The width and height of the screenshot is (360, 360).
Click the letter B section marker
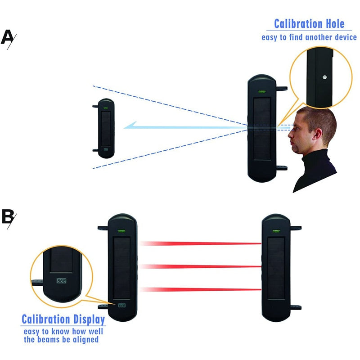8,217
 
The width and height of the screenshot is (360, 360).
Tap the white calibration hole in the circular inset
324,77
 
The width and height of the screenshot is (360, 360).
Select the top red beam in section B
201,243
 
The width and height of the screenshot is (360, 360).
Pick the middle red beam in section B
201,266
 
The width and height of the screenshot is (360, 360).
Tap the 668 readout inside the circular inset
60,280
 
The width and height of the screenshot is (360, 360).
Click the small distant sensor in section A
105,128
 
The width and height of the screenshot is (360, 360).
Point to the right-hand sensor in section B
276,268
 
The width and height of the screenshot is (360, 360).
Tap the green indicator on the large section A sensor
261,93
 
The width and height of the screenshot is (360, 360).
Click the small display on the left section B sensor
121,305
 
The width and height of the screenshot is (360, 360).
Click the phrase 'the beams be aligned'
61,339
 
